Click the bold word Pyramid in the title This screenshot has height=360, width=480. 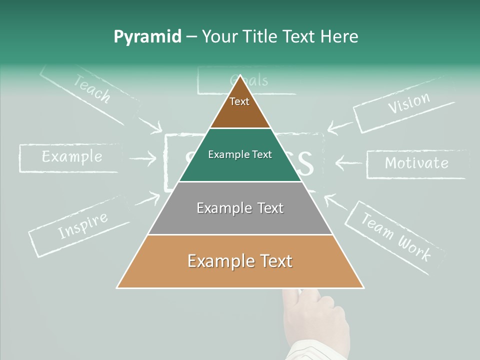tap(147, 37)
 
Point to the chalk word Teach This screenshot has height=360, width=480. tap(92, 88)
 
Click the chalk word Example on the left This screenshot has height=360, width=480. tap(72, 157)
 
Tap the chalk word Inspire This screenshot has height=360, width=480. tap(83, 225)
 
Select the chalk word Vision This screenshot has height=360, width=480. tap(409, 103)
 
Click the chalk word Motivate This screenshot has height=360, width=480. tap(416, 163)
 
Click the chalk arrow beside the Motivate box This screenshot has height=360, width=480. tap(348, 162)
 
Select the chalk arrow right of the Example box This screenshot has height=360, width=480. tap(142, 158)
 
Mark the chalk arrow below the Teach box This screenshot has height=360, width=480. tap(149, 124)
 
